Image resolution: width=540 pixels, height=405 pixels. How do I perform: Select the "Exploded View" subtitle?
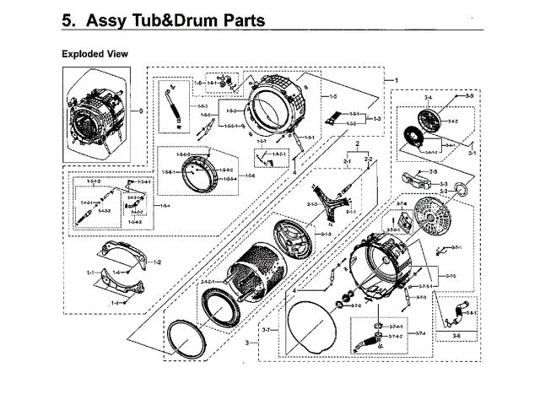click(94, 54)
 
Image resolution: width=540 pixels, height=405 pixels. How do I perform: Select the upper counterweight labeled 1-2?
click(127, 251)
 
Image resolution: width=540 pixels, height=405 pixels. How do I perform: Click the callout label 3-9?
click(467, 98)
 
